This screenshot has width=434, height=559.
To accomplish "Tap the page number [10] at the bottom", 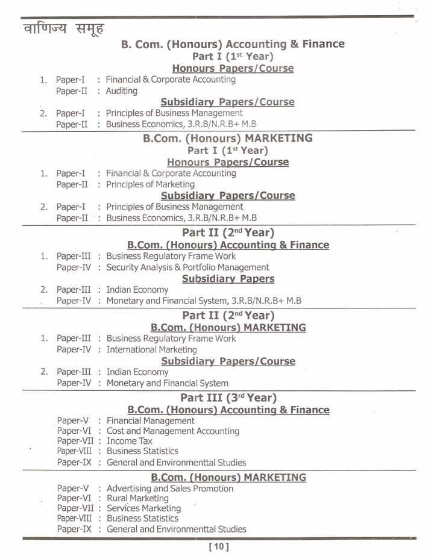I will (x=219, y=547).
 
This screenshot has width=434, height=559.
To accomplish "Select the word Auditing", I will (x=122, y=91).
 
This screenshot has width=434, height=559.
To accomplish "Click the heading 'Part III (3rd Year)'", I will (x=228, y=398).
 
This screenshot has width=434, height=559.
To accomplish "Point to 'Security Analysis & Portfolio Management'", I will (x=187, y=267).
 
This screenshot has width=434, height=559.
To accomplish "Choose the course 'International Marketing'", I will (x=151, y=349).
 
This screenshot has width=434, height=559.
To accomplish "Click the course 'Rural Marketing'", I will (x=137, y=498).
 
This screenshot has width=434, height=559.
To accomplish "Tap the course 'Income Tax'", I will (x=130, y=441).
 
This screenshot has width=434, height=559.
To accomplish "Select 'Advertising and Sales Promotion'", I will (x=169, y=489).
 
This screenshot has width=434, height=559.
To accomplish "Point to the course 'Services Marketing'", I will (x=143, y=508).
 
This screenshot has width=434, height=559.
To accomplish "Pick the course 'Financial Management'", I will (x=150, y=420).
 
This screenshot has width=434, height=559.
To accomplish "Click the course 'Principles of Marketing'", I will (x=150, y=184).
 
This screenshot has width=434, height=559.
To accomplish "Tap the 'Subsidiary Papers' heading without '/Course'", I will (x=228, y=278).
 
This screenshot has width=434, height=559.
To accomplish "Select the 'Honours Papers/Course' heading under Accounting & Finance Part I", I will (x=233, y=68).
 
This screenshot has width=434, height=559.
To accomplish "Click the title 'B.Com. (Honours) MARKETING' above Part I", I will (x=228, y=138).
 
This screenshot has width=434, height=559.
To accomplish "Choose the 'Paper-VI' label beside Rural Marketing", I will (x=75, y=498).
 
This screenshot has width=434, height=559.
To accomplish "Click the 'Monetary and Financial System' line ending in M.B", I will (x=204, y=300).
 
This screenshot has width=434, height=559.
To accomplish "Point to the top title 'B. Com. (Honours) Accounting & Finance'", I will (x=233, y=44).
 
